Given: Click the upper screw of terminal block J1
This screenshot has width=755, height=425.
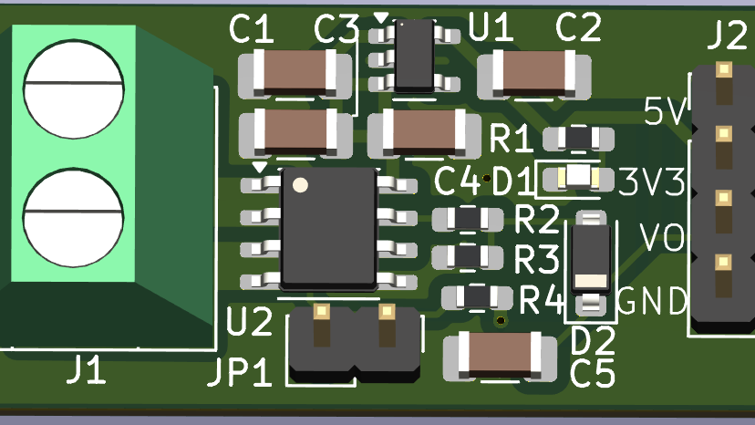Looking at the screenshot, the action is pos(74,89).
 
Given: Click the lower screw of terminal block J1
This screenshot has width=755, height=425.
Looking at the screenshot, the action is pos(74,218).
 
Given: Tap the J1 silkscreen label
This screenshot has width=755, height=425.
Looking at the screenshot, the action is pos(86,370).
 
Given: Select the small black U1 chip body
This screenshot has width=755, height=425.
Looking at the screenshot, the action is pos(414,56).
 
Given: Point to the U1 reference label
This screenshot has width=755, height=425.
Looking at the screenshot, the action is pos(491,27).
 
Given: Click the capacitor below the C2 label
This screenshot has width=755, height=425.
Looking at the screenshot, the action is pos(534,75).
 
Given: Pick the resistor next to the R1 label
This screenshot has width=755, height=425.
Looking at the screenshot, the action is pos(578,139).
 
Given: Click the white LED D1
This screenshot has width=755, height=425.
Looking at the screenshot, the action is pos(578,177).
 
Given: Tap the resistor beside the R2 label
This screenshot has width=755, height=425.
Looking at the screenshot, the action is pos(468,219).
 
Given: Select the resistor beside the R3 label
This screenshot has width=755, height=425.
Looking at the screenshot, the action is pos(468,257).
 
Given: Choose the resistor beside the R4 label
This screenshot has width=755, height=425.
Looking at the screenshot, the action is pos(477,296).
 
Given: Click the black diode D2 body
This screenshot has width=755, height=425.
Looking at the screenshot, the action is pos(591,259).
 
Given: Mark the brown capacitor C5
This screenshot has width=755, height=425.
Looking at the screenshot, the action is pos(500,356).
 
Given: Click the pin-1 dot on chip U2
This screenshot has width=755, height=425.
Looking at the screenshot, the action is pos(300,185).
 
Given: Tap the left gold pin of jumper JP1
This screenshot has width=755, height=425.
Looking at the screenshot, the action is pos(322,312).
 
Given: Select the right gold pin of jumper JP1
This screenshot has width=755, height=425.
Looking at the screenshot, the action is pos(388,312).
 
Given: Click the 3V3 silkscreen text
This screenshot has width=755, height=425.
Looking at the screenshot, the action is pos(651,182).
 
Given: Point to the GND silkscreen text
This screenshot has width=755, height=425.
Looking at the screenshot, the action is pos(652,301).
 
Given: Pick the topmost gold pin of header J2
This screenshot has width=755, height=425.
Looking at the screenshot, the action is pos(724,69).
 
